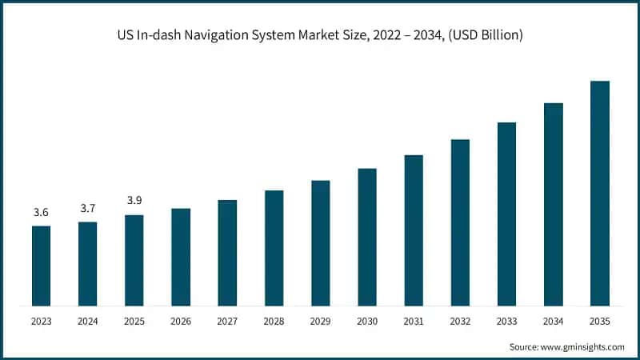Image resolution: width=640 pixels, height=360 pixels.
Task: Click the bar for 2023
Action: pos(41,266)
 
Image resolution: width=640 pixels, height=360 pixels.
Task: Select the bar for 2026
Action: pos(181,257)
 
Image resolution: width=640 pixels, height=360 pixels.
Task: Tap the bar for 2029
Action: pos(321,242)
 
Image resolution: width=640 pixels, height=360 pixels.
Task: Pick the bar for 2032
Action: pos(460,222)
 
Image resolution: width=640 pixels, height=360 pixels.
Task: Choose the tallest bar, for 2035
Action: pos(600,193)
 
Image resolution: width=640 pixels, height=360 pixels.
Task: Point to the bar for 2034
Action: pos(554,204)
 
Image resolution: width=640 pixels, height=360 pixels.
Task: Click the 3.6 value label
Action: pos(41,212)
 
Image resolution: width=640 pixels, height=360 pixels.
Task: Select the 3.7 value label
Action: pos(87,208)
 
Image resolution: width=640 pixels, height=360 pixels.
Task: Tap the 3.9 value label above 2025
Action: pos(134,200)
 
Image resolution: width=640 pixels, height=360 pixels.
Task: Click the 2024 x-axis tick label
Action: pos(87,322)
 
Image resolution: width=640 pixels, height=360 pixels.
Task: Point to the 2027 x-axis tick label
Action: pos(227,322)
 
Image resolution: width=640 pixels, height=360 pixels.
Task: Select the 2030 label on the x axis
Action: pos(367,322)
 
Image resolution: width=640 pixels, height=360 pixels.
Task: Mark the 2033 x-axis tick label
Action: pos(506,322)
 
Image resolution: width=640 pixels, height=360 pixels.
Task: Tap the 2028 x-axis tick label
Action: pos(274,322)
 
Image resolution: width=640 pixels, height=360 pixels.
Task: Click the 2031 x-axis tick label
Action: pos(414,322)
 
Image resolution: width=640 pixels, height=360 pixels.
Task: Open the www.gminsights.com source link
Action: pos(583,346)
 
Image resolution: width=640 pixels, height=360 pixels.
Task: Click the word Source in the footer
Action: pos(525,346)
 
